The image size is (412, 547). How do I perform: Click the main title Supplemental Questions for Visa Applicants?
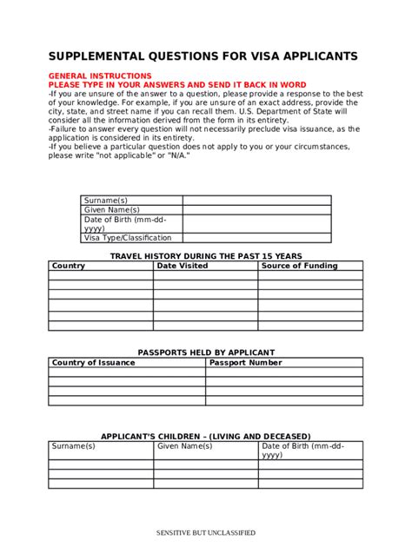pyautogui.click(x=203, y=56)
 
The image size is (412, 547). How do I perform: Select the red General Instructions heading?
pyautogui.click(x=100, y=76)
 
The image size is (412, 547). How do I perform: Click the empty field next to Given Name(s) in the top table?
pyautogui.click(x=256, y=210)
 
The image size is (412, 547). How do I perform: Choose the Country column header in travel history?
pyautogui.click(x=69, y=266)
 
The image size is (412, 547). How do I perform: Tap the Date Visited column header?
pyautogui.click(x=183, y=266)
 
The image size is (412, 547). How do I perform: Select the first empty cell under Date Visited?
pyautogui.click(x=205, y=276)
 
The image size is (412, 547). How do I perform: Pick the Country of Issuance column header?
pyautogui.click(x=94, y=362)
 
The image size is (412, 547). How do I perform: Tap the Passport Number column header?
pyautogui.click(x=245, y=362)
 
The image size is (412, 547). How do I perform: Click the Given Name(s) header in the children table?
pyautogui.click(x=184, y=445)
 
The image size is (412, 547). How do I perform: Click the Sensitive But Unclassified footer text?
pyautogui.click(x=206, y=532)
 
